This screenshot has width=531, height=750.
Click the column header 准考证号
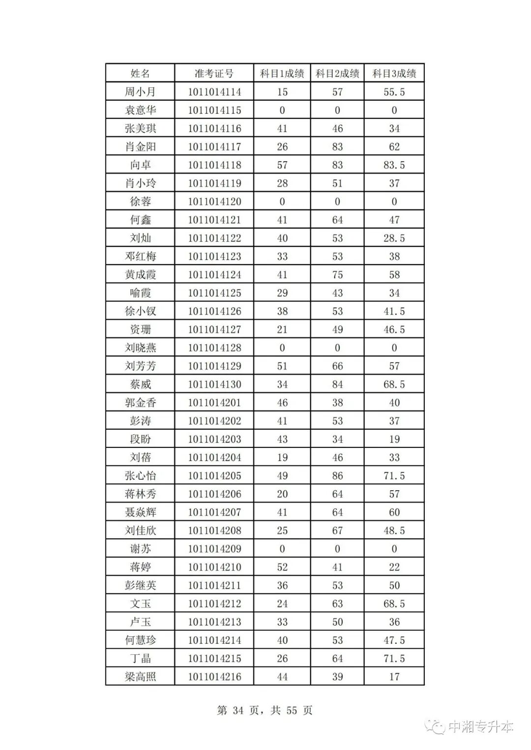click(214, 74)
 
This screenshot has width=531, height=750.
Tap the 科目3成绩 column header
click(394, 74)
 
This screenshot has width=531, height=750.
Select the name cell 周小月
click(140, 92)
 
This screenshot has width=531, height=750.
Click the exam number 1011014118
click(214, 165)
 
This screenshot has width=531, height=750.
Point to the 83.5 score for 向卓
click(394, 165)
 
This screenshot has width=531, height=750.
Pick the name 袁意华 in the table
click(140, 110)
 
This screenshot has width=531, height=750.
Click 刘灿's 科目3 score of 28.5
click(394, 238)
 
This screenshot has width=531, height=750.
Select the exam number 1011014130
click(214, 384)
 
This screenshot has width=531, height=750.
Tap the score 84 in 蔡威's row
click(337, 384)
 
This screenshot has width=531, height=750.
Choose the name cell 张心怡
click(140, 475)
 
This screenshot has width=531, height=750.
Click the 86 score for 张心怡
click(337, 475)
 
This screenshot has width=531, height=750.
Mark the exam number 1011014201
click(214, 403)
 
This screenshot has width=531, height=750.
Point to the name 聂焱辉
click(140, 512)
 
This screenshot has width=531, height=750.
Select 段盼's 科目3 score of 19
click(394, 439)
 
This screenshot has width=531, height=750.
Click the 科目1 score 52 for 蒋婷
click(282, 567)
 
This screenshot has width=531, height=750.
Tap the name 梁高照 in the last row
click(140, 677)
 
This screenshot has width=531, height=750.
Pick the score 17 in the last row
click(394, 677)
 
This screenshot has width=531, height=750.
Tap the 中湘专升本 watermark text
click(480, 726)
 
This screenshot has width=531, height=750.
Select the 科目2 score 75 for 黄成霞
click(337, 275)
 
